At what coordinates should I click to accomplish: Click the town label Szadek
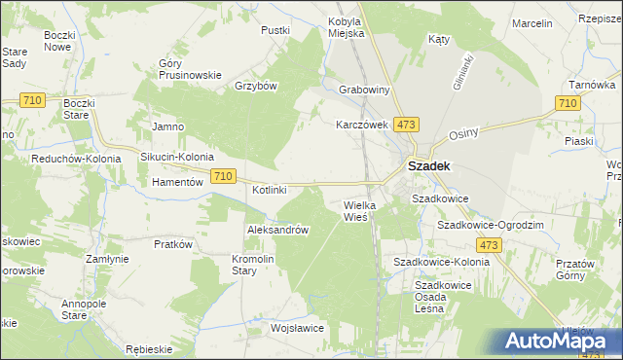click(427, 166)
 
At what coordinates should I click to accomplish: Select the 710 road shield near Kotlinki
click(223, 175)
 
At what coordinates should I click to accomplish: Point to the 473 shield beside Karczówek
click(407, 125)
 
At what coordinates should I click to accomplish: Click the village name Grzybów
click(257, 86)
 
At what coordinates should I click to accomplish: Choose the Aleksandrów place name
click(278, 230)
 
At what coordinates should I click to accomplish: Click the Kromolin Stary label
click(257, 265)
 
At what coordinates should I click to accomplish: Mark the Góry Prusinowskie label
click(191, 69)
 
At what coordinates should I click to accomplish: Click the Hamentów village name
click(176, 182)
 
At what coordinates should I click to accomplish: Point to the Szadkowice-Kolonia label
click(441, 263)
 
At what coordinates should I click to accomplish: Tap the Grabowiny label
click(364, 90)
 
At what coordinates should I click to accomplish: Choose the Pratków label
click(170, 244)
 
